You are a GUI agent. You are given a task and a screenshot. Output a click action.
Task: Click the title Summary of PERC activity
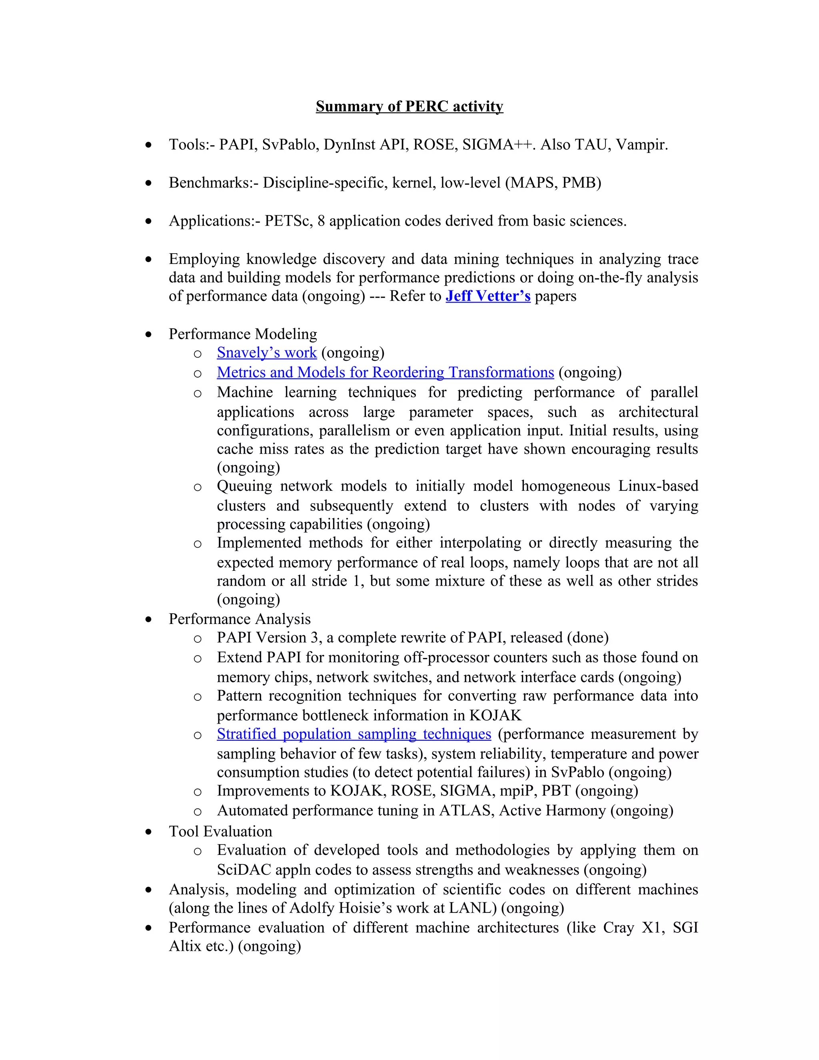409,106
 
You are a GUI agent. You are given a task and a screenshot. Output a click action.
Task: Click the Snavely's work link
266,353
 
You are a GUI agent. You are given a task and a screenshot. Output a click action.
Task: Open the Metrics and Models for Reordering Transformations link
385,372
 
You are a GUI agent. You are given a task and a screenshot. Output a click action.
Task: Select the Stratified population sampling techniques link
354,734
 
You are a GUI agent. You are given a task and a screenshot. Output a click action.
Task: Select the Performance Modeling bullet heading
243,334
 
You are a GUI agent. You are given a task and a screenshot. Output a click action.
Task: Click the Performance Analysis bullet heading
239,619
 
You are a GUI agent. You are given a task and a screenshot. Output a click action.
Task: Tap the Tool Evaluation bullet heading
220,832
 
